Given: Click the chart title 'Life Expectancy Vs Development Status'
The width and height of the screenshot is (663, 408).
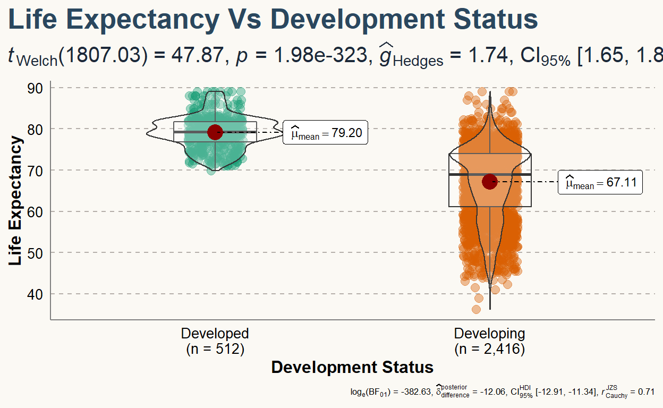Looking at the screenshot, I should (x=273, y=20).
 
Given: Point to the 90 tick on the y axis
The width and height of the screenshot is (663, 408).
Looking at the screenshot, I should (x=35, y=88).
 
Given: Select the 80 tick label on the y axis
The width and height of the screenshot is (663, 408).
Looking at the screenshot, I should (x=35, y=129).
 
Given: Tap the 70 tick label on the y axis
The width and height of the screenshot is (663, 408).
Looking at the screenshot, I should (x=35, y=171).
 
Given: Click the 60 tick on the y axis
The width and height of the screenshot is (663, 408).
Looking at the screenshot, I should (x=35, y=211).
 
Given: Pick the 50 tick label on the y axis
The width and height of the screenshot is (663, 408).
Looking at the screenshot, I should (x=35, y=253).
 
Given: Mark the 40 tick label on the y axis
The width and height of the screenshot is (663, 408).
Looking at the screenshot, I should (x=35, y=294).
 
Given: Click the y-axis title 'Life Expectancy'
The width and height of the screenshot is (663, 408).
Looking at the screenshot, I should (x=16, y=201).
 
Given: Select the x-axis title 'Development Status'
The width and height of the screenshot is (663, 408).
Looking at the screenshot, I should (x=352, y=367).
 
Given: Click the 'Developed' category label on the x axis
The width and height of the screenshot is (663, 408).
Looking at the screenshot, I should (x=215, y=334).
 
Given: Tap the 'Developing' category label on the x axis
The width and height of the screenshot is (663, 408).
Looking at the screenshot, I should (x=489, y=334).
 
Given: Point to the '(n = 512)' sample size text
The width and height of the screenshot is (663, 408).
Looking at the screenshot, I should (x=215, y=349).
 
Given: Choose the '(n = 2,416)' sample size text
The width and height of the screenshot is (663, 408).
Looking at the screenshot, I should (x=489, y=349).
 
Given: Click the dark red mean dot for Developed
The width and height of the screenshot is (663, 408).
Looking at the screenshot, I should (x=215, y=132).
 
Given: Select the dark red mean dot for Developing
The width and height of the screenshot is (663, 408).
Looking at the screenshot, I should (x=489, y=182).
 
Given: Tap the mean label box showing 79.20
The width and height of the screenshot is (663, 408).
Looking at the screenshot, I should (x=326, y=133).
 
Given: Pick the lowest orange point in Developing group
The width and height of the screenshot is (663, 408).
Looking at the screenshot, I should (x=476, y=309).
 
